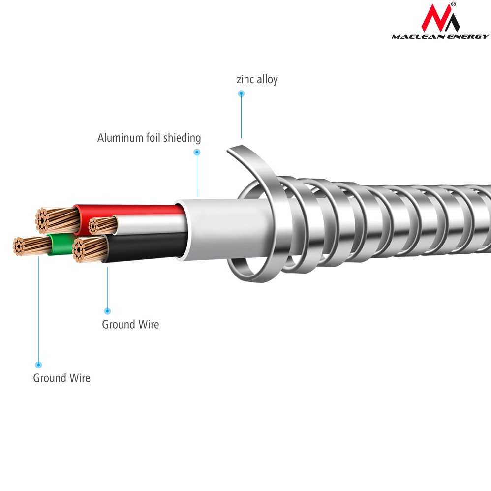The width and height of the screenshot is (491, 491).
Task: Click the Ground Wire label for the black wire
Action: pos(130,325)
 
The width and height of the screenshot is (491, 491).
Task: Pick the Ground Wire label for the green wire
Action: pos(61,378)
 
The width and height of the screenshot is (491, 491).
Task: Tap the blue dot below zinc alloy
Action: pos(241,93)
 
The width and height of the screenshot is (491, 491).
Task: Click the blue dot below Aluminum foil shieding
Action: pos(197,152)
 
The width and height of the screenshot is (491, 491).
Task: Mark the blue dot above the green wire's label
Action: pos(38,365)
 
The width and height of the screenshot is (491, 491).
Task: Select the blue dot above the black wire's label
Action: pos(107,311)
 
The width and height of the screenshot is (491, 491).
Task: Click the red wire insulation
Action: pos(128,211)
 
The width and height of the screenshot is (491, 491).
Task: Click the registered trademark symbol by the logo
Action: pos(453,4)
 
